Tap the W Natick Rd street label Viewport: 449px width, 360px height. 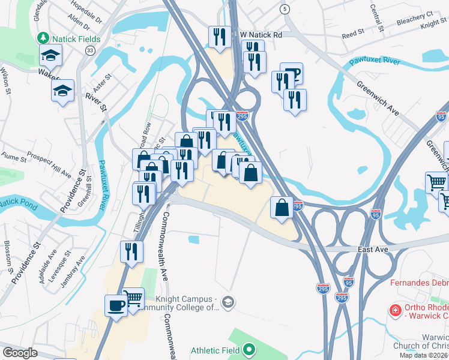click(260, 35)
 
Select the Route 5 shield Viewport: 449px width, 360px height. click(285, 9)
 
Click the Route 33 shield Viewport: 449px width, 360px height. click(89, 52)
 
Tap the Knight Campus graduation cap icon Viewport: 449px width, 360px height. click(227, 301)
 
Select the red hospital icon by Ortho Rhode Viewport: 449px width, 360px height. click(394, 311)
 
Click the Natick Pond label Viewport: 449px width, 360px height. click(17, 203)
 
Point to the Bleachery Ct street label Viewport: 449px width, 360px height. click(414, 18)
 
